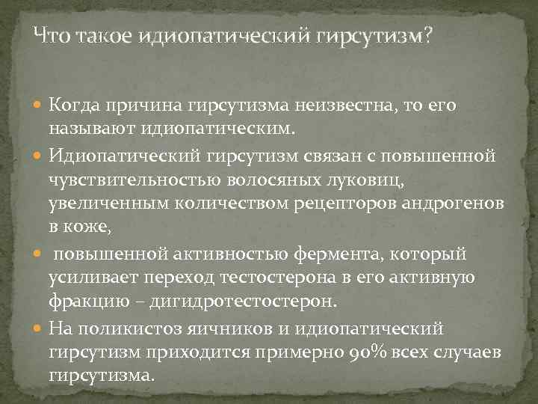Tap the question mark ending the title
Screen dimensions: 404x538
click(x=427, y=35)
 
